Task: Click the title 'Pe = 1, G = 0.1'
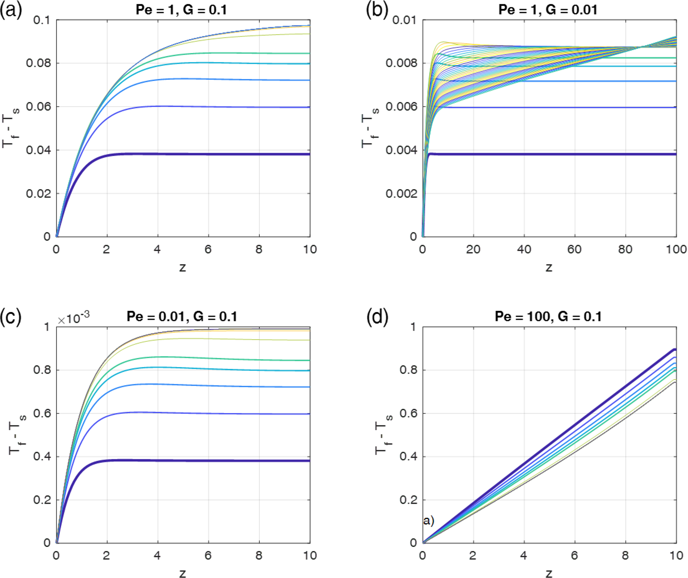(181, 10)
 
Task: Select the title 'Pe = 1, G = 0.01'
(548, 10)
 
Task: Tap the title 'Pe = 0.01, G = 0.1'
(182, 316)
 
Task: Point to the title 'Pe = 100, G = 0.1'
(548, 316)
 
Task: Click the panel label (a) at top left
(11, 10)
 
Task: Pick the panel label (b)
(377, 10)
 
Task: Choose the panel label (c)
(11, 317)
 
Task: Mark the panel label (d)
(377, 317)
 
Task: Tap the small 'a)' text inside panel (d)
(428, 520)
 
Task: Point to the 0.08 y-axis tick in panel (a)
(39, 63)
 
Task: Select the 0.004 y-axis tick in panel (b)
(401, 150)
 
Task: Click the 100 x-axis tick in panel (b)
(676, 249)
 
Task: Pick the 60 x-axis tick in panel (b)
(574, 249)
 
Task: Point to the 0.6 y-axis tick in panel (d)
(408, 413)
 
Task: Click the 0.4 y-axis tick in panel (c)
(42, 457)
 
